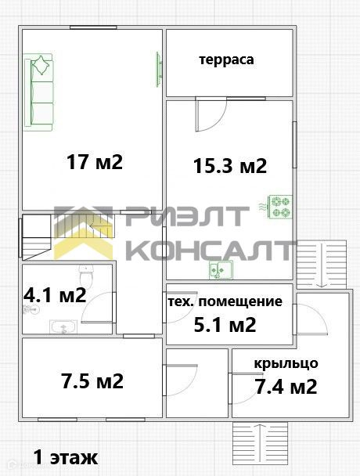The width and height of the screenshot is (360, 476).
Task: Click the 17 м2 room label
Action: [95, 162]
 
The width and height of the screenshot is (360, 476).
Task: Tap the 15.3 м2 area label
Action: [230, 166]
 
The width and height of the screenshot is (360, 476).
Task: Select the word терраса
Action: [226, 59]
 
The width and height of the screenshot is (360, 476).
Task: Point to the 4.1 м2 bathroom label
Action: [55, 294]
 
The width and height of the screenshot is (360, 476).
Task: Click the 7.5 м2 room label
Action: [92, 380]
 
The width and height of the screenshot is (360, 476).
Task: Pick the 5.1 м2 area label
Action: [225, 325]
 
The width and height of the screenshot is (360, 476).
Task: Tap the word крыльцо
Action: [286, 363]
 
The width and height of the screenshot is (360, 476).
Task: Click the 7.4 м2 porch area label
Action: [286, 387]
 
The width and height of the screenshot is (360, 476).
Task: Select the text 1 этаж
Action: [66, 457]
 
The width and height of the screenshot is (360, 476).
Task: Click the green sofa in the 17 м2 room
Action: [39, 92]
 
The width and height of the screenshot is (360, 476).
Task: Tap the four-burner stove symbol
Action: [280, 207]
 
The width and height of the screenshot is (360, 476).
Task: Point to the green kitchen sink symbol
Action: [221, 269]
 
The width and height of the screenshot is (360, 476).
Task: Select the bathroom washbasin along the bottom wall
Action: [63, 326]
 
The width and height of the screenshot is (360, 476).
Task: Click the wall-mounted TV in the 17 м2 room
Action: [158, 69]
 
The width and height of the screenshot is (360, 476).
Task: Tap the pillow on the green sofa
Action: [41, 65]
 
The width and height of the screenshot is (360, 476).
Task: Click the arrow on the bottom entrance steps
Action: [261, 442]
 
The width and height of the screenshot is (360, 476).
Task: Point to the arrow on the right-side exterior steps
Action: [322, 265]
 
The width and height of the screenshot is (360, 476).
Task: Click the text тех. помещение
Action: [225, 301]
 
